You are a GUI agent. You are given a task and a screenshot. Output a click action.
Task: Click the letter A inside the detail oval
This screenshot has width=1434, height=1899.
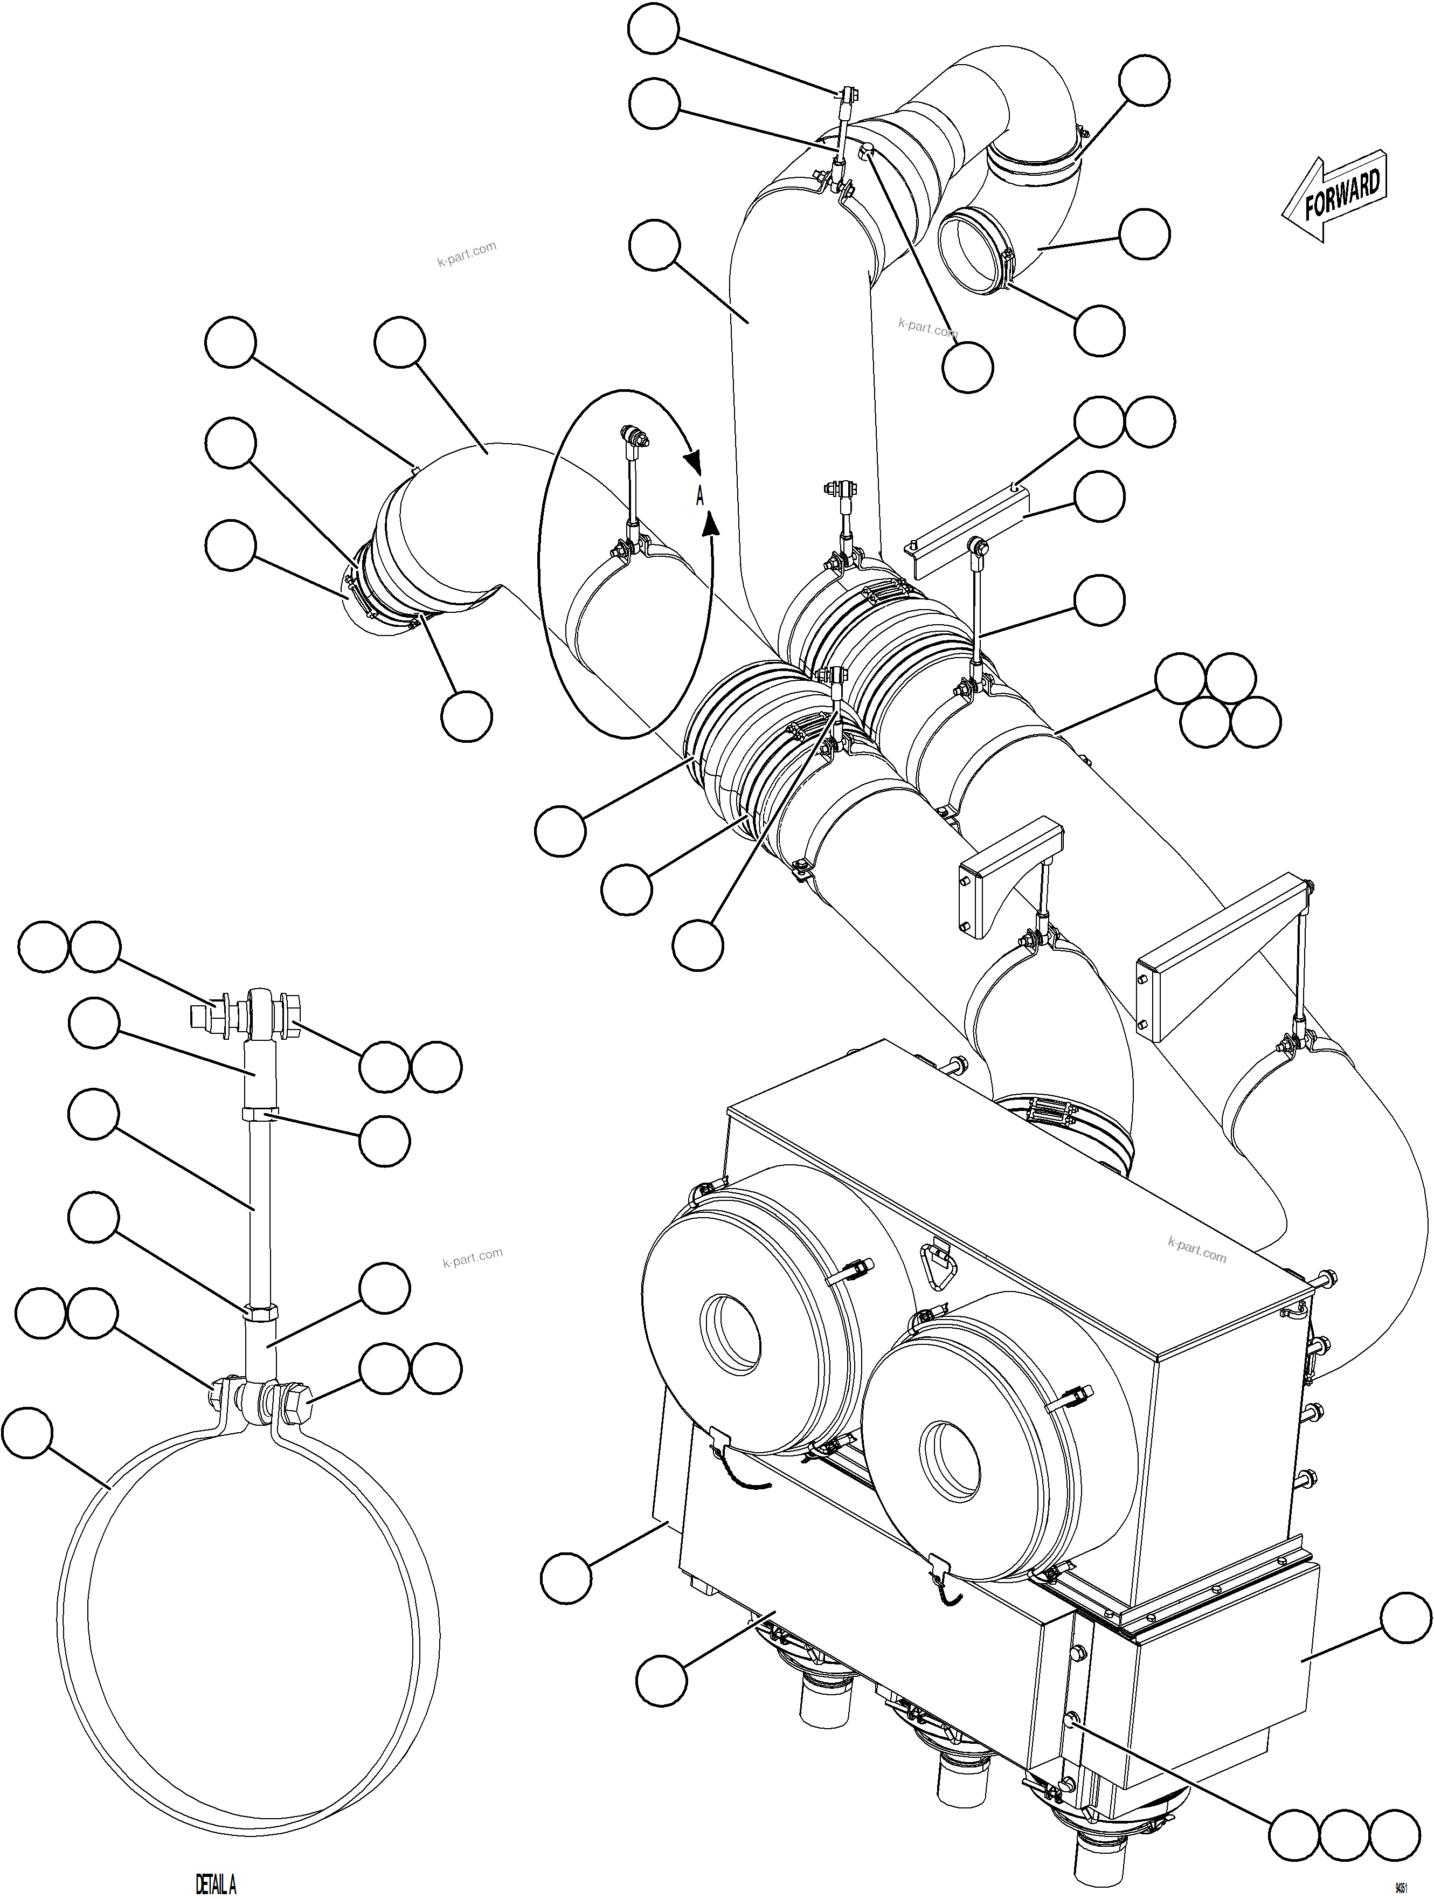[x=699, y=496]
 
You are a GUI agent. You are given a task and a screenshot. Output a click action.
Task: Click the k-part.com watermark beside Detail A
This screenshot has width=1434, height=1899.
[x=472, y=1258]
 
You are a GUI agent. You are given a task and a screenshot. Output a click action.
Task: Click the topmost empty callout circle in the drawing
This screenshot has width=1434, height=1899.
[x=653, y=31]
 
